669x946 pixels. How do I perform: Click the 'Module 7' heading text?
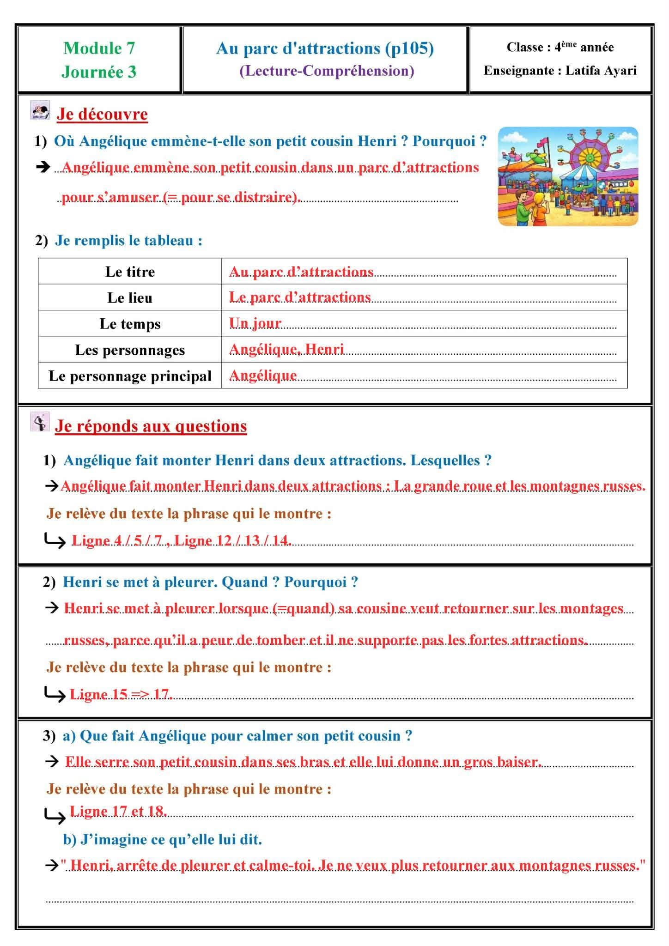point(99,48)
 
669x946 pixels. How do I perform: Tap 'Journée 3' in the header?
point(99,72)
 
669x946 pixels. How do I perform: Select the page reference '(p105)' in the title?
point(410,49)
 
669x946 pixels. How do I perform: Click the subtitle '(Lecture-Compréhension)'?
point(327,71)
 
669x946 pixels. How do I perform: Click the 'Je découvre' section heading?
point(102,114)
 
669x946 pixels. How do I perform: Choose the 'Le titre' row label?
point(130,272)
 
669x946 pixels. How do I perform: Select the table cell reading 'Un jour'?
point(255,323)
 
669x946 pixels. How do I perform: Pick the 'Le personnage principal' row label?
point(130,376)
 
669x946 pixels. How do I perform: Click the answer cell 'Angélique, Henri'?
point(286,349)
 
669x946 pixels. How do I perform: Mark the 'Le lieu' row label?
point(130,298)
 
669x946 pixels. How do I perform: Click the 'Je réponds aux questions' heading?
point(151,426)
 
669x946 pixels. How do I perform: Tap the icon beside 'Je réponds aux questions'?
point(40,422)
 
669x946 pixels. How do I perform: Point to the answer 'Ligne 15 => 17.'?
point(121,694)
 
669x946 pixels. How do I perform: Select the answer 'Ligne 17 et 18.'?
point(118,811)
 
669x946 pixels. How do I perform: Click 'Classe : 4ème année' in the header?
point(560,47)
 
